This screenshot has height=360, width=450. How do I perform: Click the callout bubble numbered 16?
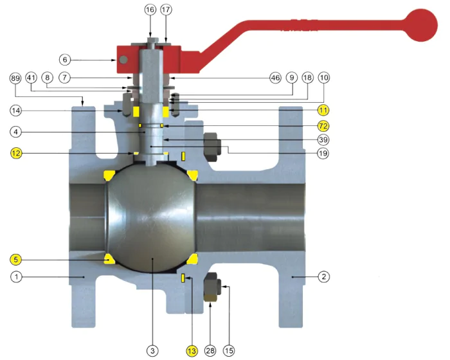[x=150, y=10]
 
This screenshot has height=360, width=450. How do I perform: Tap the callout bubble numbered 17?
[x=166, y=10]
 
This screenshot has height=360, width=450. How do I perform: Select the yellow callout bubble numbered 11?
[x=323, y=110]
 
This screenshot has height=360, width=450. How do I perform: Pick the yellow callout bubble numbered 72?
[x=323, y=126]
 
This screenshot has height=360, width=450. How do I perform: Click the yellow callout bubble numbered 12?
[x=16, y=153]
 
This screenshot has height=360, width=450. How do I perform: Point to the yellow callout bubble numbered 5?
[x=16, y=260]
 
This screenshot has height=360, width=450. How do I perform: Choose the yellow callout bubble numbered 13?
[x=192, y=350]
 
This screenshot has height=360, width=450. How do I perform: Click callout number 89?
[x=15, y=78]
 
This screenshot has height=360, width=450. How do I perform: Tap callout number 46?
[x=276, y=78]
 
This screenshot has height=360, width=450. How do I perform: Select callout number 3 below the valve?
[x=152, y=350]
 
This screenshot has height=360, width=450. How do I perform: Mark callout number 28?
[x=210, y=350]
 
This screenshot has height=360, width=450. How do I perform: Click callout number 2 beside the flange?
[x=324, y=276]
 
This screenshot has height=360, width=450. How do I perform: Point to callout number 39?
[x=323, y=139]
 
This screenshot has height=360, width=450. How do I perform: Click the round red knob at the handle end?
[x=421, y=25]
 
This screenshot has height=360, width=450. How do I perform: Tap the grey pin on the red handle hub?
[x=123, y=60]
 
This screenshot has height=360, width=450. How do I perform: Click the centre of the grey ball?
[x=152, y=217]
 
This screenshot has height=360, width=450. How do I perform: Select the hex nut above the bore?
[x=212, y=147]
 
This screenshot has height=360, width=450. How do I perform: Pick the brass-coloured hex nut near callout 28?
[x=210, y=296]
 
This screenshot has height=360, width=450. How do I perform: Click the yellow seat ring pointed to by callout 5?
[x=109, y=259]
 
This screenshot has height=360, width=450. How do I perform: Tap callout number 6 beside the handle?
[x=65, y=60]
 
